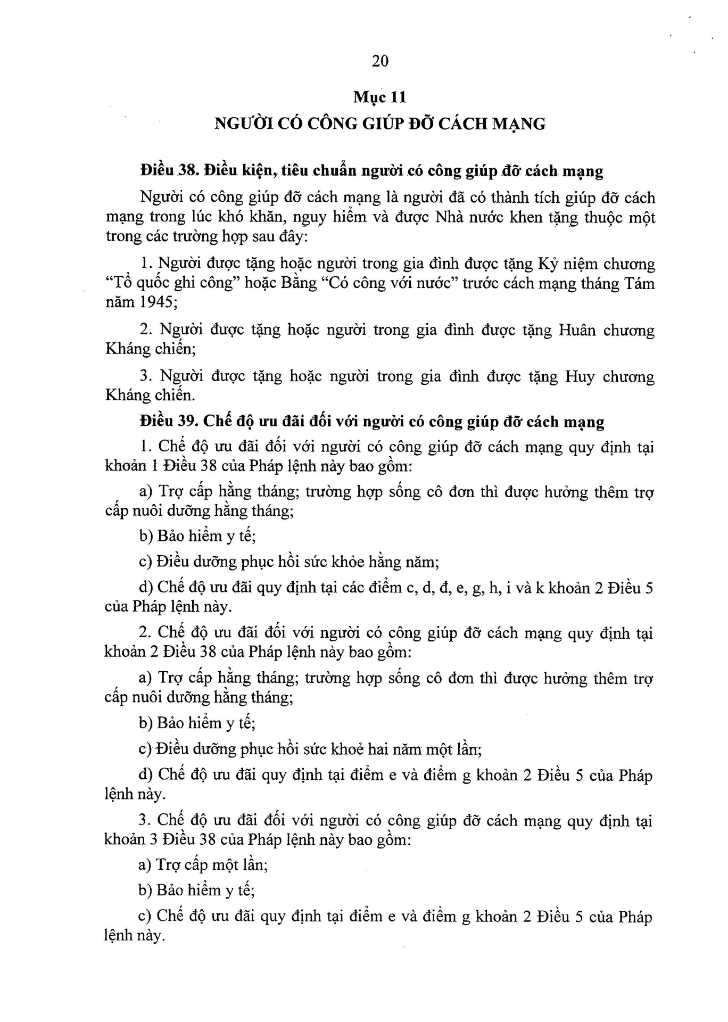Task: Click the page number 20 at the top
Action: coord(380,61)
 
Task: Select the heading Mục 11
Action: coord(380,97)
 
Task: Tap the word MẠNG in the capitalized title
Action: coord(518,124)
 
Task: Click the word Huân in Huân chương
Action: coord(577,330)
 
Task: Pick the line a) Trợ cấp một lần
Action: coord(203,864)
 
